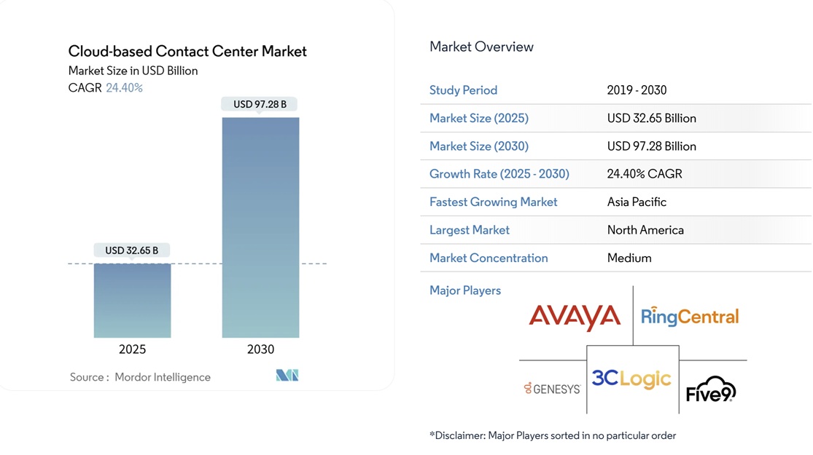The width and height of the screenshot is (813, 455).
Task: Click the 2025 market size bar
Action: (132, 300)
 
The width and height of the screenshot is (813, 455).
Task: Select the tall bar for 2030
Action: (260, 227)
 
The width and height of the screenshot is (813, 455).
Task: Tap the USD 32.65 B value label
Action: (131, 250)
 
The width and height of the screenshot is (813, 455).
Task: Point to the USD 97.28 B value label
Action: (260, 104)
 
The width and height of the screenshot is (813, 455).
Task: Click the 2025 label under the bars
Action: (132, 349)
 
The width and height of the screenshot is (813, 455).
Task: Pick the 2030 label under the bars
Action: (260, 349)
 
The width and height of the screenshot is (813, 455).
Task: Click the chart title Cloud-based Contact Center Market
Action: (187, 52)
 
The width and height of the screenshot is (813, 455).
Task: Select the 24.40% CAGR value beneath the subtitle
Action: (124, 88)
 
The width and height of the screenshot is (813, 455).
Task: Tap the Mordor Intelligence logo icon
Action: (287, 376)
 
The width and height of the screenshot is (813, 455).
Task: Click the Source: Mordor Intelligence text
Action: (140, 377)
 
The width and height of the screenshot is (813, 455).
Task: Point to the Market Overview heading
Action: (481, 47)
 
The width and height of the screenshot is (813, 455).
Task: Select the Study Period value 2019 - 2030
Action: (637, 90)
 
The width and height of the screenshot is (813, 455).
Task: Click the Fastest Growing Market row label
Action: (493, 202)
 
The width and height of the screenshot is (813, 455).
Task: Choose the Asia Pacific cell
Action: (637, 202)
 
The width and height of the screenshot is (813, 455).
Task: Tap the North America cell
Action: (645, 230)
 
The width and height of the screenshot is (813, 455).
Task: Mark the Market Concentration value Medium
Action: (629, 258)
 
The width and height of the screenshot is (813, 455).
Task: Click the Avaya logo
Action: (575, 317)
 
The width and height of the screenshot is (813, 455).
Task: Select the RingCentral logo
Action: (690, 317)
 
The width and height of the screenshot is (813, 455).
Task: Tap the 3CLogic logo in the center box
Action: (631, 379)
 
